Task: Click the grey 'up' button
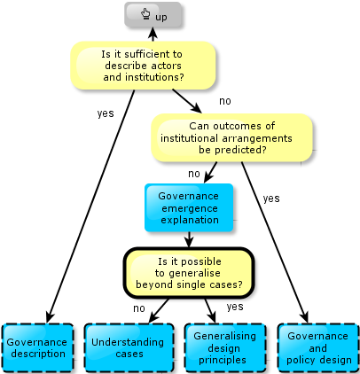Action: [x=153, y=15]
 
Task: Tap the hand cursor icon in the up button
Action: [x=145, y=14]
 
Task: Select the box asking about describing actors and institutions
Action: [x=143, y=66]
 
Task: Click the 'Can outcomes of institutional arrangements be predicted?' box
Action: [x=231, y=137]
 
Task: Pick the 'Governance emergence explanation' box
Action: [x=189, y=207]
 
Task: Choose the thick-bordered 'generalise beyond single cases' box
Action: [x=189, y=273]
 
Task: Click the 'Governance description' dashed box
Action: [x=38, y=347]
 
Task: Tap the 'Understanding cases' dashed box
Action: [x=129, y=347]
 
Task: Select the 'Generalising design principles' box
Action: [x=224, y=347]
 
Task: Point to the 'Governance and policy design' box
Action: [x=318, y=347]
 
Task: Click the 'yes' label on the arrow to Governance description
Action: [x=106, y=113]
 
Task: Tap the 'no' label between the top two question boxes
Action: [x=225, y=101]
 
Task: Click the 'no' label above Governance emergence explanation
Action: [x=194, y=174]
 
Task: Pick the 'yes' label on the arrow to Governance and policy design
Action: [x=271, y=199]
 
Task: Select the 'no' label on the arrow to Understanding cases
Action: [x=139, y=308]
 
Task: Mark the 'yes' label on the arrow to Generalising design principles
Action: [x=235, y=307]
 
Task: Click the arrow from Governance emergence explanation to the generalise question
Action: [x=189, y=239]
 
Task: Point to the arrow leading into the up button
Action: [x=153, y=35]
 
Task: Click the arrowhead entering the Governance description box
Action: [x=50, y=317]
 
